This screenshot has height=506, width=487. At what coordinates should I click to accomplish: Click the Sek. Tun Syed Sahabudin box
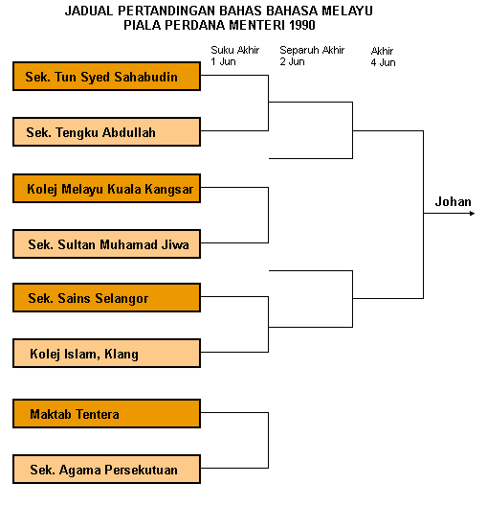point(106,77)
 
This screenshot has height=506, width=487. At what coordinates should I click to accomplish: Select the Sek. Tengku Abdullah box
point(106,132)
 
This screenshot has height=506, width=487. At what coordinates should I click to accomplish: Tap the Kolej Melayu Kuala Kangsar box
point(106,189)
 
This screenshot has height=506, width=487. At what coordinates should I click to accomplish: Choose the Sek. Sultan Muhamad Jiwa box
point(106,244)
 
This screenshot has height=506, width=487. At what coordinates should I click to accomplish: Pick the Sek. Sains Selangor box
point(106,297)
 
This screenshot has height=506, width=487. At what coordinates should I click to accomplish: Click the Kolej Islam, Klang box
point(106,354)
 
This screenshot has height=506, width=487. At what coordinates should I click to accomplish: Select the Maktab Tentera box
point(106,414)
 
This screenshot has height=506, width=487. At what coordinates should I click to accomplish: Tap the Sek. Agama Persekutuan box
point(106,470)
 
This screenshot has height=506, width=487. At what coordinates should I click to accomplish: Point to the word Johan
point(453,201)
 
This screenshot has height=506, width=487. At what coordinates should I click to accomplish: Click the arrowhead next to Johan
point(473,214)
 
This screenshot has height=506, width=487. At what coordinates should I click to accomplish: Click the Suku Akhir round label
point(234,50)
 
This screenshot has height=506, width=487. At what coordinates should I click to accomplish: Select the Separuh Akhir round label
point(312,50)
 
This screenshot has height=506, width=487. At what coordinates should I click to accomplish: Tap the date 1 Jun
point(223,61)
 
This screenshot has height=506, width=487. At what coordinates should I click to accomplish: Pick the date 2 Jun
point(292,61)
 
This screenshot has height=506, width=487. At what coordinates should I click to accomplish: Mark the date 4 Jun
point(383,62)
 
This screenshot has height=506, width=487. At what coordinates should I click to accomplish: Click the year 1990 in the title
point(301,25)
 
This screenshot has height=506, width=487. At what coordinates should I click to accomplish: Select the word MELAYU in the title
point(347,11)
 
